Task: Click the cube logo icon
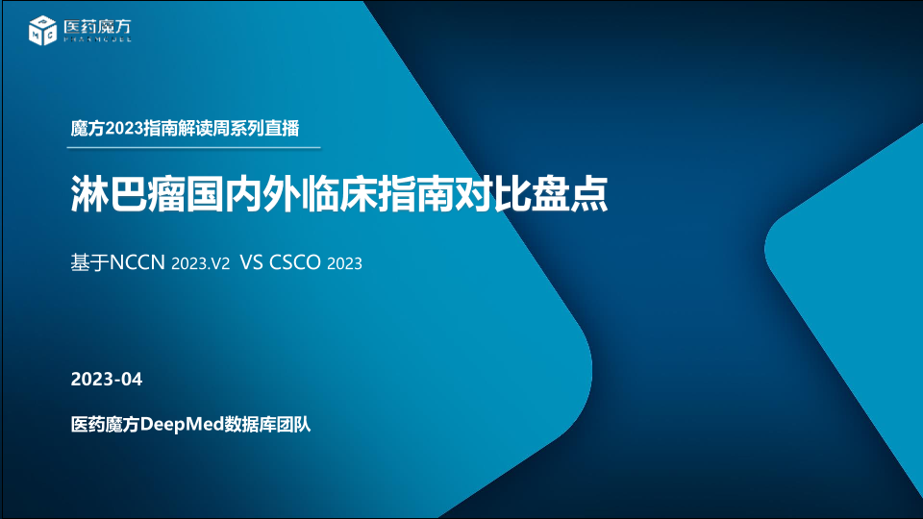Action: pyautogui.click(x=42, y=30)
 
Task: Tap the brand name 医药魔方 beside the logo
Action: pyautogui.click(x=97, y=27)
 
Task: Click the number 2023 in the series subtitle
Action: pyautogui.click(x=123, y=128)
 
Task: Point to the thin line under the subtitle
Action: pyautogui.click(x=193, y=148)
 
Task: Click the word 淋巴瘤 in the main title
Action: pyautogui.click(x=128, y=193)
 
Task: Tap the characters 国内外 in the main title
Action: pyautogui.click(x=242, y=193)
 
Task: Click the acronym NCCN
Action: pyautogui.click(x=137, y=262)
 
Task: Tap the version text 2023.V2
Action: pyautogui.click(x=200, y=263)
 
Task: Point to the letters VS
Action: pyautogui.click(x=251, y=262)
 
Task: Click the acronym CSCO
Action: pyautogui.click(x=295, y=262)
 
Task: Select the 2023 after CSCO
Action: pyautogui.click(x=344, y=263)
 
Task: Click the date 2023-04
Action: pyautogui.click(x=107, y=379)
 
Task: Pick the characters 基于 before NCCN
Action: pyautogui.click(x=89, y=262)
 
